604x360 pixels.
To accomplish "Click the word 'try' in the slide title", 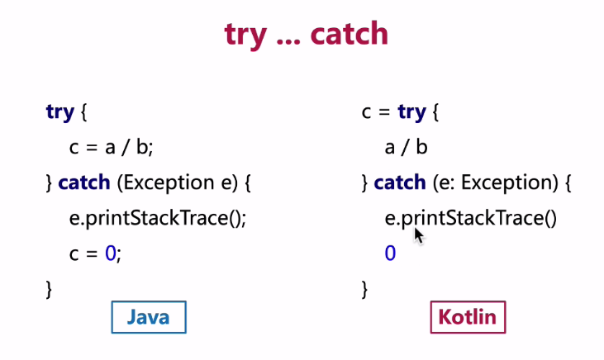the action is (x=245, y=36).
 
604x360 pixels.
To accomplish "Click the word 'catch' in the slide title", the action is (x=349, y=34).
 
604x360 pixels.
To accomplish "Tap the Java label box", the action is (x=149, y=317).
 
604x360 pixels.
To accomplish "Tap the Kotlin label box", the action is (x=468, y=317).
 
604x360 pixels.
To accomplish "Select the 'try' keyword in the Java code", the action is (x=60, y=112).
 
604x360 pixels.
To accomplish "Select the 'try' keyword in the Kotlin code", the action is (x=411, y=112).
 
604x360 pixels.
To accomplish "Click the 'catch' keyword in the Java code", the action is (x=84, y=182).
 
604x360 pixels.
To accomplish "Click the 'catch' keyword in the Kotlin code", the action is (x=400, y=182).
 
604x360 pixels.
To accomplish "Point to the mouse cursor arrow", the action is (x=419, y=235).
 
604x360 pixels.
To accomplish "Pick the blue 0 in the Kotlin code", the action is (x=390, y=253).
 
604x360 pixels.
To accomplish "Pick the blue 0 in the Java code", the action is (x=110, y=253).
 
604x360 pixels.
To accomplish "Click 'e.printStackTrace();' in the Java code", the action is (x=158, y=218).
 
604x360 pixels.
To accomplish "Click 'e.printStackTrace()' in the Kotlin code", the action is (x=471, y=218).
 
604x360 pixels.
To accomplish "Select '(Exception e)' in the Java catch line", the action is (x=178, y=182).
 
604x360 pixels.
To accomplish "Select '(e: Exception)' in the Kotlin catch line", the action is (x=496, y=182).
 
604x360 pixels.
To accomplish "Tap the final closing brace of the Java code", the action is (x=49, y=289).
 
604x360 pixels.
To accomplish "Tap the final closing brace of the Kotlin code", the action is (x=364, y=289).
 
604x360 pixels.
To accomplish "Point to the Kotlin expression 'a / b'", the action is (x=406, y=148).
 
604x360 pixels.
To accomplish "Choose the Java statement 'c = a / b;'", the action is (x=111, y=148).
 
